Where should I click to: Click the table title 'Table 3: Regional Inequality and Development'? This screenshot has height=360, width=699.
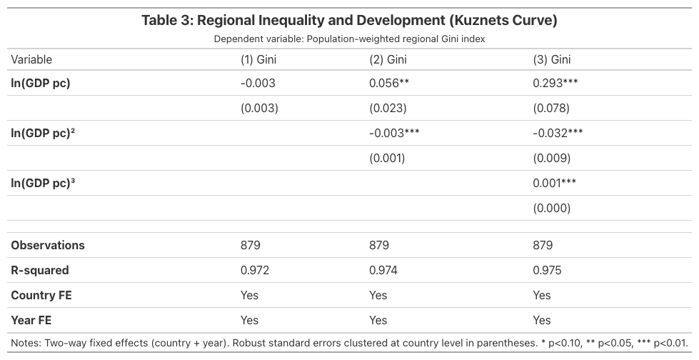(349, 20)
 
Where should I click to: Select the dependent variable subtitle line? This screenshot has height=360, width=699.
(349, 39)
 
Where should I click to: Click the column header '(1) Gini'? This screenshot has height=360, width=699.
(258, 60)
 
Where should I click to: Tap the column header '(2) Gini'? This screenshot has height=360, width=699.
(388, 60)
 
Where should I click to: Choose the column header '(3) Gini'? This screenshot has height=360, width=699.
(552, 60)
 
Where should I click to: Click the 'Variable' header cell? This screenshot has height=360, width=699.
(31, 60)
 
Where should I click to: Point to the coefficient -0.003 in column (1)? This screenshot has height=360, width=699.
(258, 83)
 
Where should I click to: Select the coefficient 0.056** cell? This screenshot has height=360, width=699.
(388, 83)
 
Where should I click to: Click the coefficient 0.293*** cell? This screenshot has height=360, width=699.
(555, 83)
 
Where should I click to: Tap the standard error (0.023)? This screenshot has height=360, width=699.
(388, 109)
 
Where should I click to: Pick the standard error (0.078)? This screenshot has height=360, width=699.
(552, 109)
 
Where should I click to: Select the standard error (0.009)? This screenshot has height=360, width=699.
(552, 158)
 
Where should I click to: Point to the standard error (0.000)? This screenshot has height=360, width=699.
(552, 208)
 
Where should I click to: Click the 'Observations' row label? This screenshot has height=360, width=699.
(48, 245)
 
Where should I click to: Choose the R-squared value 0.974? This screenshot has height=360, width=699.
(383, 270)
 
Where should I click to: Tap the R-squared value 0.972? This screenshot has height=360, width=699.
(255, 270)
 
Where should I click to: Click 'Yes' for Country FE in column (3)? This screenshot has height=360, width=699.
(542, 295)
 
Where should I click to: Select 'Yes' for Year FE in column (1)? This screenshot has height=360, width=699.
(249, 320)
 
